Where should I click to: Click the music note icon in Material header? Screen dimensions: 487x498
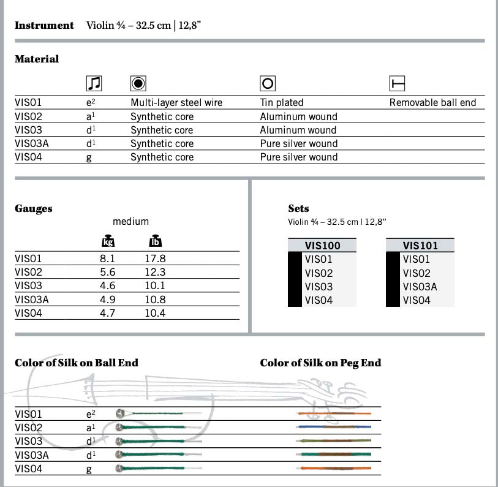coord(94,83)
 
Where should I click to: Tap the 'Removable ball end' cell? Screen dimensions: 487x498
coord(432,103)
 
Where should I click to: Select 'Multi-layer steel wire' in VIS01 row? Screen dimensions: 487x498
coord(176,103)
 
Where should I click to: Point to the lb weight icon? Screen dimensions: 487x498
coord(155,241)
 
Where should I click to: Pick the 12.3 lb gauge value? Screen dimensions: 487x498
coord(155,273)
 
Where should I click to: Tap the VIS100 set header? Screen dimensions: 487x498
coord(322,246)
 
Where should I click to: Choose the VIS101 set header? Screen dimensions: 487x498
coord(420,246)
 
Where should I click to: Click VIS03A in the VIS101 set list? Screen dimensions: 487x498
coord(420,287)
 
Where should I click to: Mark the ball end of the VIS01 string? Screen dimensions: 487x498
coord(121,413)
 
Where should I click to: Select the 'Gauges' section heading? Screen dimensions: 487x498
coord(34,209)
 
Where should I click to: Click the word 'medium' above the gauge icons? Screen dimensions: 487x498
coord(130,222)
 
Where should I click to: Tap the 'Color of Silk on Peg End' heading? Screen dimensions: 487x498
coord(320,363)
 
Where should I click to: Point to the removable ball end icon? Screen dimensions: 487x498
coord(398,83)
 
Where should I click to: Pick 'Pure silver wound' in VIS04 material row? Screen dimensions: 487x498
coord(299,157)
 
